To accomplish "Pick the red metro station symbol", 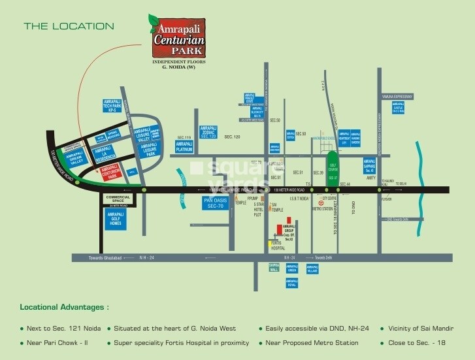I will coord(320,203).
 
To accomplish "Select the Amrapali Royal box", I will coord(292,283).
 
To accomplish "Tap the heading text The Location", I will coord(69,27).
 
